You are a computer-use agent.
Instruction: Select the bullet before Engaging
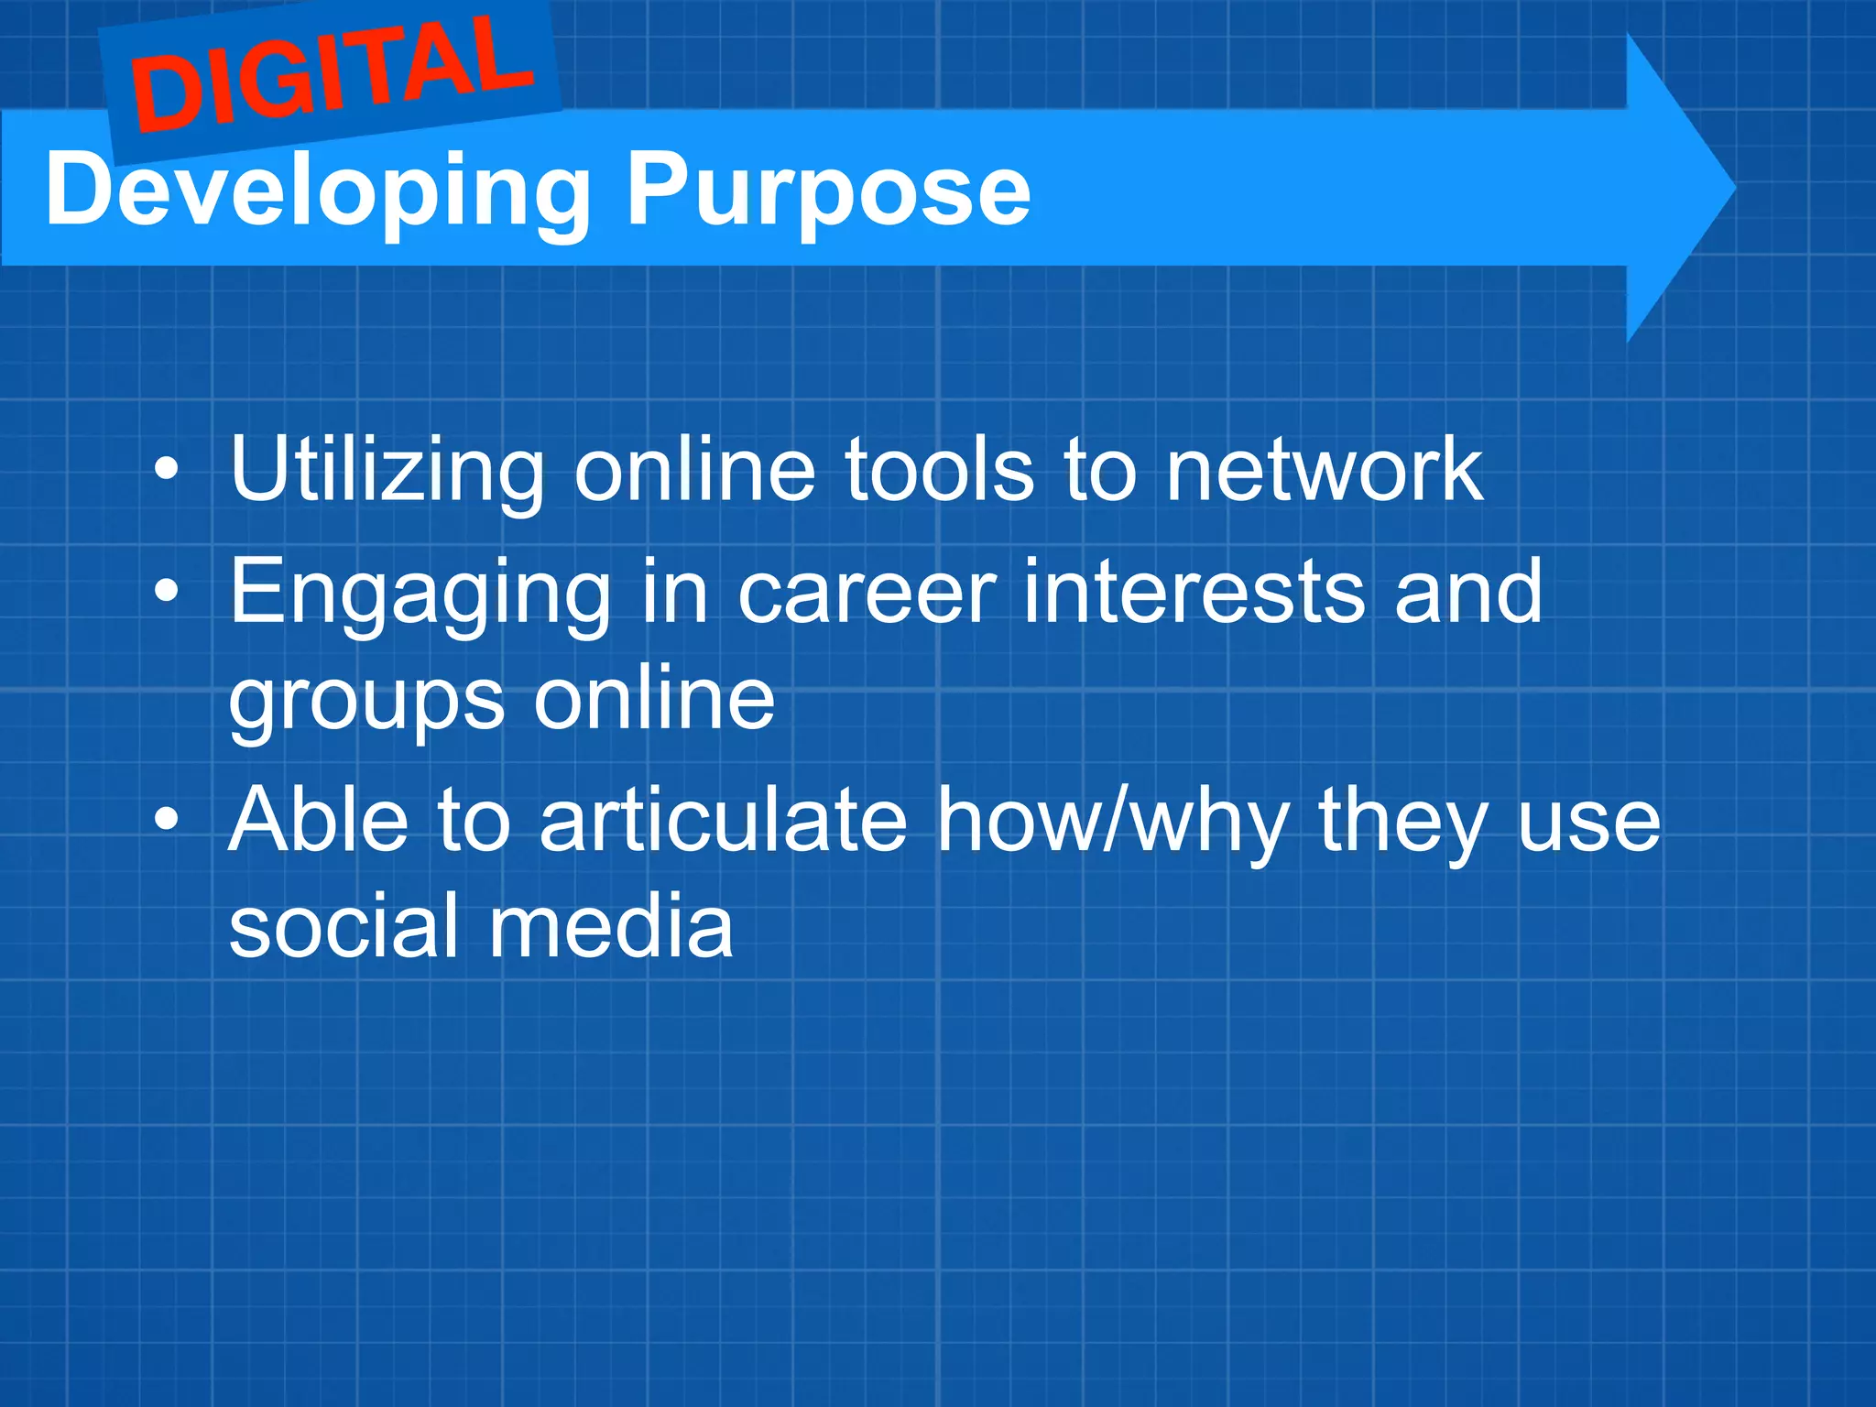(x=166, y=593)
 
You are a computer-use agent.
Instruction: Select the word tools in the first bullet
(x=938, y=471)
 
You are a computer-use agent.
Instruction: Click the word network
(x=1323, y=471)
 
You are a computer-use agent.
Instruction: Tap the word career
(x=866, y=594)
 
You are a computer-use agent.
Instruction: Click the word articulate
(x=723, y=820)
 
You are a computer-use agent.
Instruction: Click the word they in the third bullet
(x=1402, y=822)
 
